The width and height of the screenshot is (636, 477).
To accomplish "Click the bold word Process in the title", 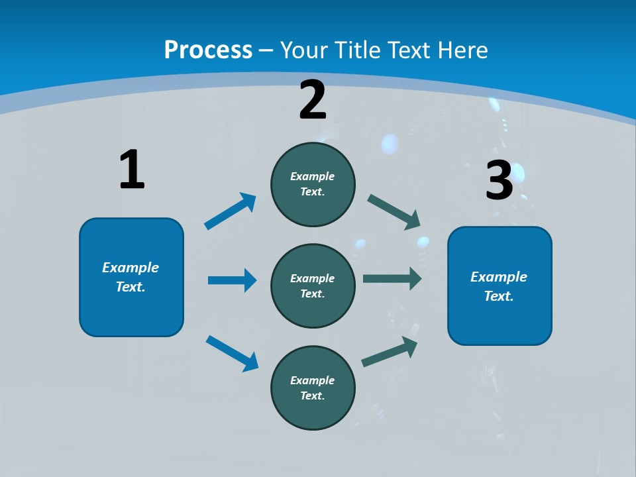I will (x=208, y=50).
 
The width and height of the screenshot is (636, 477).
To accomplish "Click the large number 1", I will (x=132, y=170).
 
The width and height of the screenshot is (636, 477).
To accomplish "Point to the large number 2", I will (x=313, y=100).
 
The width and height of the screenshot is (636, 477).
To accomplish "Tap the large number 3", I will (x=500, y=180).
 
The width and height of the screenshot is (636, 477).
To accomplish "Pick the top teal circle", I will (x=313, y=184).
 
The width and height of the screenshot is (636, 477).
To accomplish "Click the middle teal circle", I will (x=313, y=286).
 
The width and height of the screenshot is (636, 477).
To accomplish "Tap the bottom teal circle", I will (x=313, y=388).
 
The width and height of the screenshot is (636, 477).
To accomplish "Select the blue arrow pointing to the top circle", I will (x=230, y=211).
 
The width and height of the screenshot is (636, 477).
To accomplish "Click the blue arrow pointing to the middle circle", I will (x=232, y=280).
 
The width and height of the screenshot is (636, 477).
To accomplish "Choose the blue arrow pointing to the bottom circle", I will (x=232, y=353).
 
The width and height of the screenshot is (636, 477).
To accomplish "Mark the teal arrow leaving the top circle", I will (x=394, y=212).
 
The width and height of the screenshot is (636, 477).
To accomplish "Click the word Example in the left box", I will (x=131, y=268).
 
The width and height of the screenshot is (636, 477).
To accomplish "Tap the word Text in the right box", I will (x=498, y=296).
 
